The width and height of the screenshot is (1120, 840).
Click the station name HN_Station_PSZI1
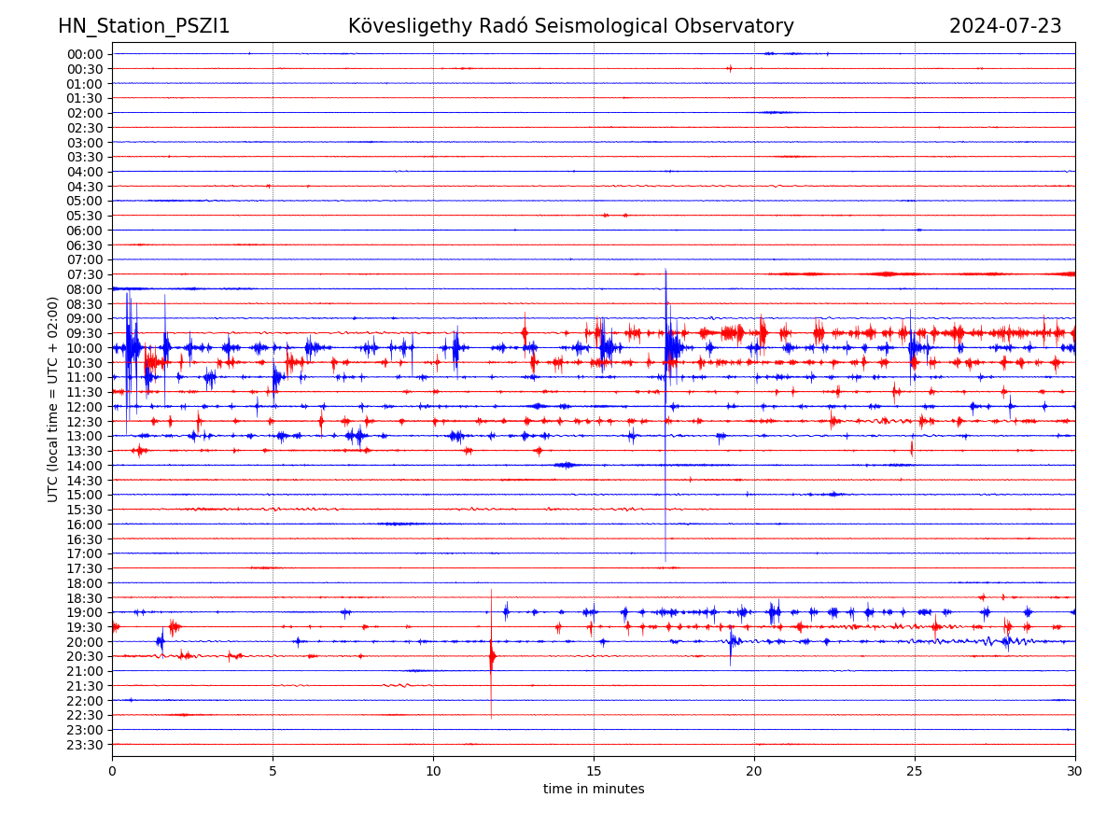point(144,27)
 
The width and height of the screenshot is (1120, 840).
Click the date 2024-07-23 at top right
point(1005,27)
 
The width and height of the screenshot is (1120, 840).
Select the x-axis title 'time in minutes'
point(594,790)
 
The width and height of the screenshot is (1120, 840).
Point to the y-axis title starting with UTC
point(53,399)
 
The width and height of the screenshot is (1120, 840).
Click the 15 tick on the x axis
point(594,772)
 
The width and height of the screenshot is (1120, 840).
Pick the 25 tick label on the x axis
point(915,772)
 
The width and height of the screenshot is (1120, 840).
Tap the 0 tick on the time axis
point(112,772)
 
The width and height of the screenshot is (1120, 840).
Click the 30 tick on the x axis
point(1074,772)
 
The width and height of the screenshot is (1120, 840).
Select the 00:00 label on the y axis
point(85,54)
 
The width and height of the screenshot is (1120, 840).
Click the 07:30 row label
point(85,274)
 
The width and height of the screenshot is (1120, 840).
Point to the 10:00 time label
point(85,348)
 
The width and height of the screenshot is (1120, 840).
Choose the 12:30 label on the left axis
point(85,421)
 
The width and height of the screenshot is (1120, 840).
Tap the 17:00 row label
point(85,553)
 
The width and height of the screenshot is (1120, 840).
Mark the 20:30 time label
point(85,656)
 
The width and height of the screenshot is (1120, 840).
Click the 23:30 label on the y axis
point(85,745)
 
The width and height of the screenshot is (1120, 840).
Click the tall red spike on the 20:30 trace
point(492,656)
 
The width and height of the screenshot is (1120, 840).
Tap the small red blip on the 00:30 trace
point(729,68)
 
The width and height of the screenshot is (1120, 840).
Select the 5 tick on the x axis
point(273,772)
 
